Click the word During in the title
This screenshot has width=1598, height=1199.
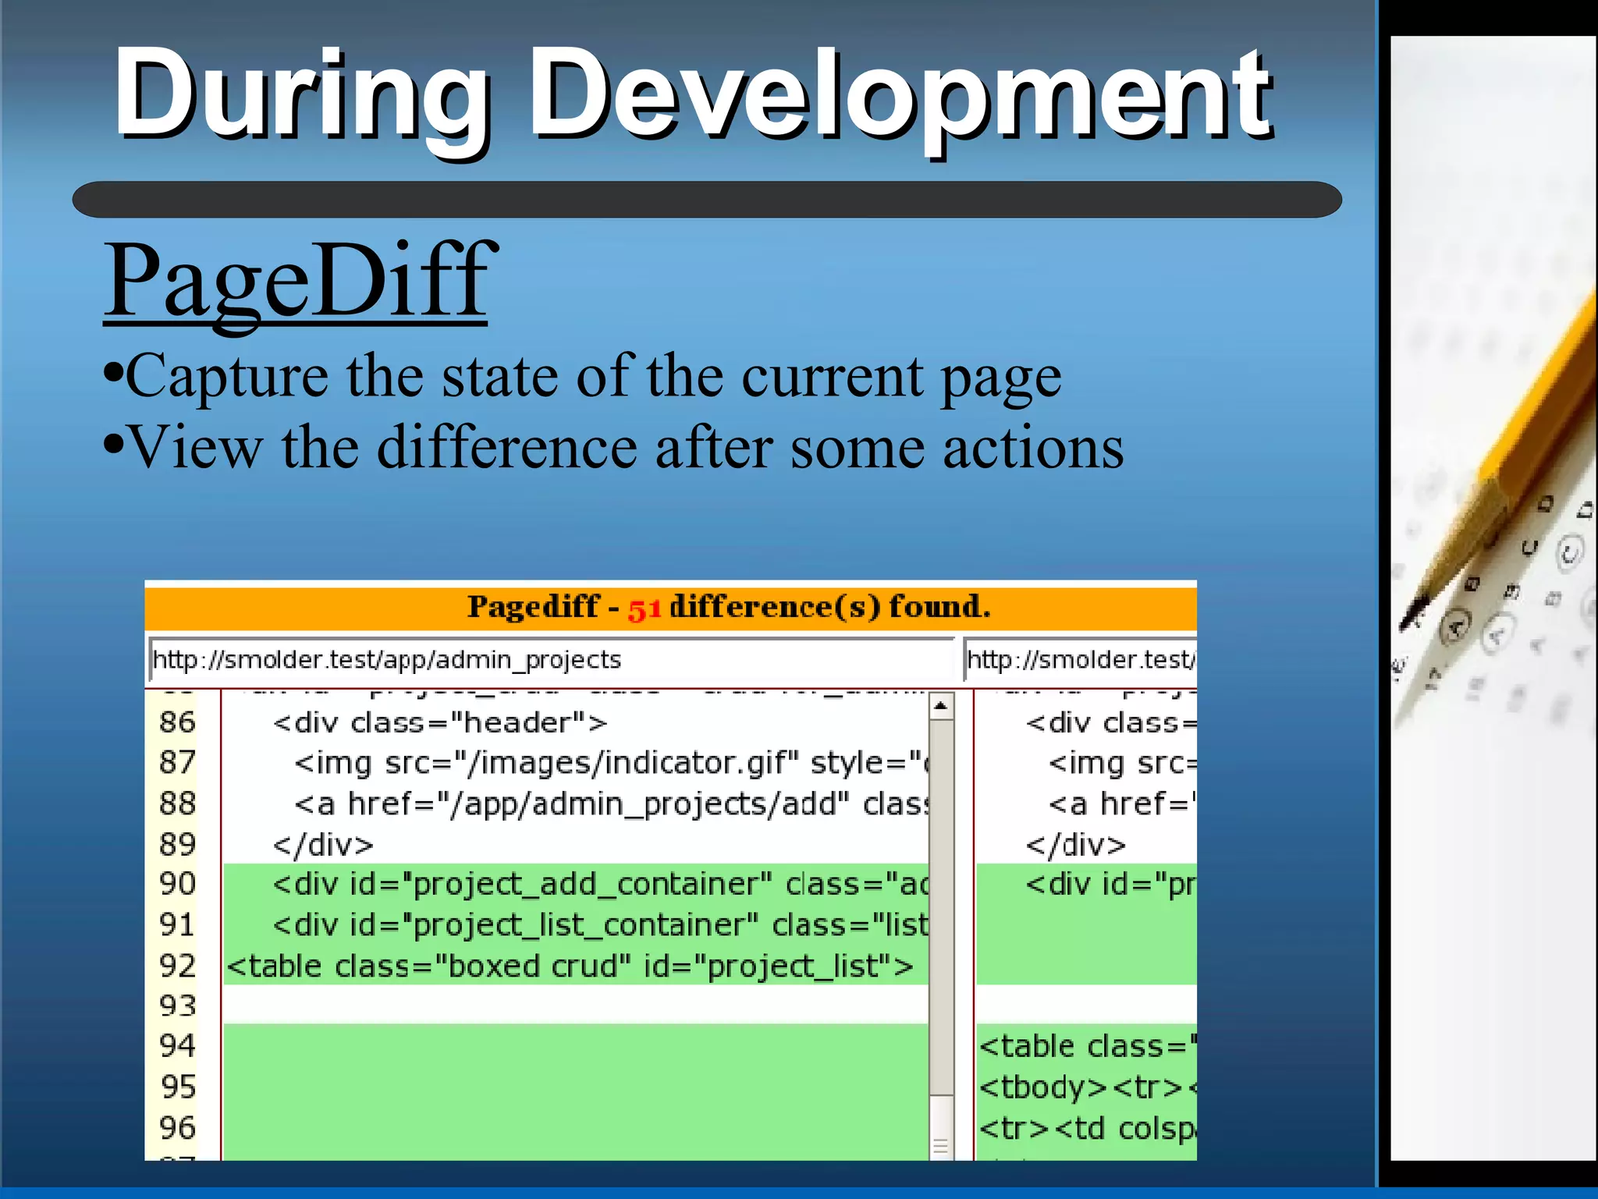pos(300,95)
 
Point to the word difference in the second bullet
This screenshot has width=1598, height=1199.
pos(507,449)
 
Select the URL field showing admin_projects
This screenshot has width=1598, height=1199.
pos(546,660)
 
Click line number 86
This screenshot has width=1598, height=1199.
pos(177,722)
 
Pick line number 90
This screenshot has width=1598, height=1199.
pos(177,884)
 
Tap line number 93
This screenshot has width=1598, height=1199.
pos(177,1006)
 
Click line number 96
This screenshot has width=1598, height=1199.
pos(177,1128)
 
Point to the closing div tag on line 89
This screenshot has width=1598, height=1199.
pos(323,845)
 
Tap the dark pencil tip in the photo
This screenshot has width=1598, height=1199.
pos(1413,613)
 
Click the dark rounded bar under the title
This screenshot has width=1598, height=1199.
pos(706,200)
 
